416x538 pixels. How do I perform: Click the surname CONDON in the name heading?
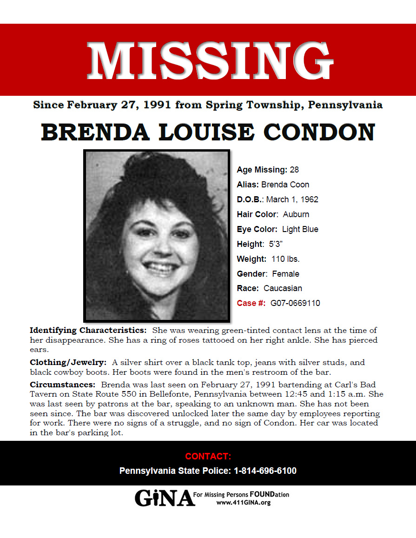click(321, 133)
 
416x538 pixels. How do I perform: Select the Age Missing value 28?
click(294, 170)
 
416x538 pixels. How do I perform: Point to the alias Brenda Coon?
click(285, 185)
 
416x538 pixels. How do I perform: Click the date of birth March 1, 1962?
click(292, 199)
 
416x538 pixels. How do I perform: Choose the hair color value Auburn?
click(296, 214)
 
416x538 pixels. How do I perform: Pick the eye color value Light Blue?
click(300, 229)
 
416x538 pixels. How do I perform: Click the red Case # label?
click(251, 303)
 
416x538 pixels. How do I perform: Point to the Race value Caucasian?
click(283, 288)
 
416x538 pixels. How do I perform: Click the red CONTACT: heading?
click(208, 456)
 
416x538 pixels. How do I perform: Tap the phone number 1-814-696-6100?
click(265, 471)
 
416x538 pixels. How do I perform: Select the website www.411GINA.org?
click(244, 503)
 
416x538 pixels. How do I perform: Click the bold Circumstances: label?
click(62, 385)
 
